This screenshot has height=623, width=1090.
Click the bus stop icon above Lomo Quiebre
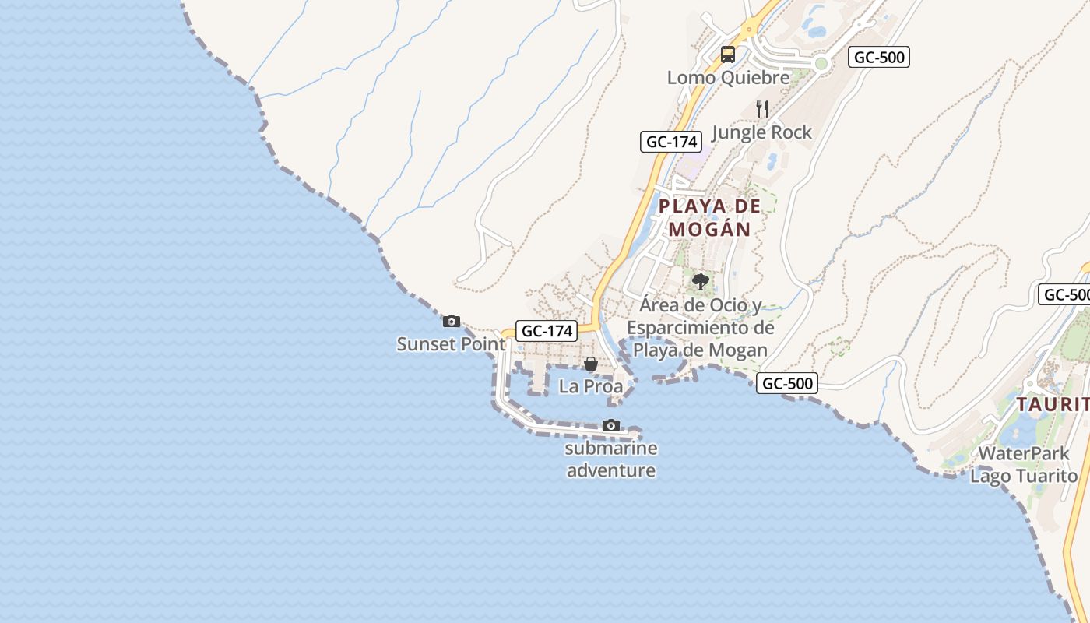(x=728, y=55)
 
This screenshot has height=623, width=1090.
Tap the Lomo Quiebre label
(x=728, y=78)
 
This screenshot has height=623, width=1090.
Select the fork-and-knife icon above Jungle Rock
(x=762, y=109)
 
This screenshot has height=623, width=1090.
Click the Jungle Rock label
(x=761, y=132)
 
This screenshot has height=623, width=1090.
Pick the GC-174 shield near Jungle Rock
(x=671, y=142)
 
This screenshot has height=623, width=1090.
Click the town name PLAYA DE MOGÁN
(x=708, y=218)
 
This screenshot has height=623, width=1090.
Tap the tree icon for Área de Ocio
(x=700, y=281)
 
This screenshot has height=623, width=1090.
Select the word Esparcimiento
(x=700, y=328)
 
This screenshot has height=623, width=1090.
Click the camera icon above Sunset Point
(x=451, y=321)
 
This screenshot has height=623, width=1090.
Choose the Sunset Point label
(x=451, y=343)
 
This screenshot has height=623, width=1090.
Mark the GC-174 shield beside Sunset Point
(x=547, y=331)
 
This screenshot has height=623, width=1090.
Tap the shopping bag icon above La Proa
(x=591, y=364)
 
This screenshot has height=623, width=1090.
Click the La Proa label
(x=591, y=386)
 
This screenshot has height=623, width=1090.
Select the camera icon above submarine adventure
(x=611, y=425)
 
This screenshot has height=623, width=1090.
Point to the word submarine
(x=611, y=449)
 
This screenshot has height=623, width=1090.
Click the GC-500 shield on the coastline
(x=788, y=383)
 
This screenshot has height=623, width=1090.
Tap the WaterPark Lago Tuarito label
(x=1023, y=464)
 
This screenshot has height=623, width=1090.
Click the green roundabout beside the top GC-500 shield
(x=821, y=63)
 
